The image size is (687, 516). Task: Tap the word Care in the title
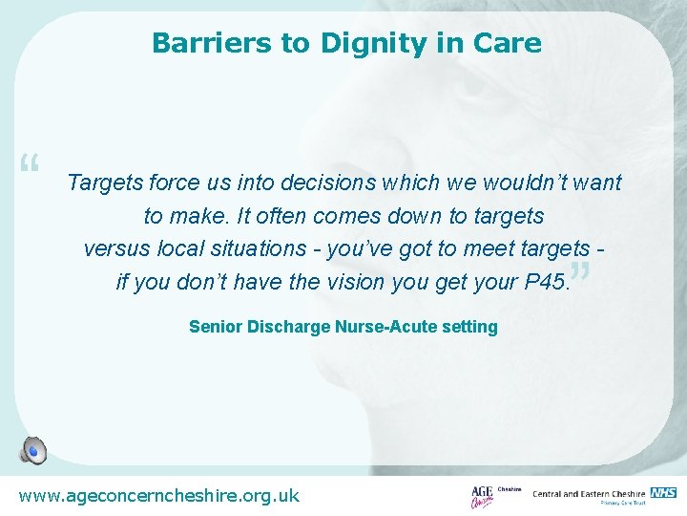[511, 44]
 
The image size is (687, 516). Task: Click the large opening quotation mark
[29, 165]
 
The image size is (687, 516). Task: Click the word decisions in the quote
[329, 183]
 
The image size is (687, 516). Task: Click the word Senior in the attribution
[216, 327]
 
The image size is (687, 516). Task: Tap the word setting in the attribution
[468, 327]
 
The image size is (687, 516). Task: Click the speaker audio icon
[33, 450]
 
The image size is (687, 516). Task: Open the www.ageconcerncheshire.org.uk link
[159, 495]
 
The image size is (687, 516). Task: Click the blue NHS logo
[663, 492]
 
